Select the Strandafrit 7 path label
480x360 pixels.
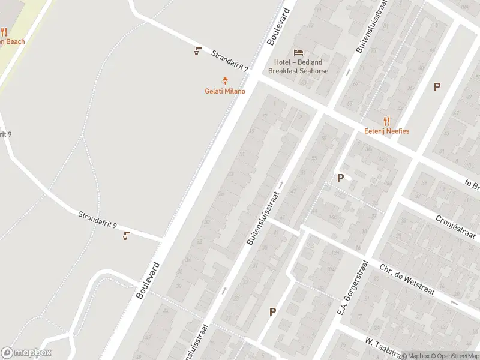tap(230, 62)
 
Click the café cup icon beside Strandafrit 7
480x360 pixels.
tap(197, 51)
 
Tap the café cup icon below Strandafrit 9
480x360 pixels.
tap(126, 235)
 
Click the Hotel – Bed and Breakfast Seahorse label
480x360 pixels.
tap(298, 67)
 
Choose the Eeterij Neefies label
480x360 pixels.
tap(386, 131)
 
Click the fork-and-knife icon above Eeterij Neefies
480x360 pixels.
tap(386, 120)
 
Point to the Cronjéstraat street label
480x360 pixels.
tap(455, 227)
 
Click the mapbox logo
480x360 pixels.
tap(26, 353)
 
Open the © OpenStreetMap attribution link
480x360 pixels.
tap(454, 356)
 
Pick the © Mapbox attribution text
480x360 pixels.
tap(415, 356)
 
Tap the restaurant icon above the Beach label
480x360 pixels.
tap(4, 32)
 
